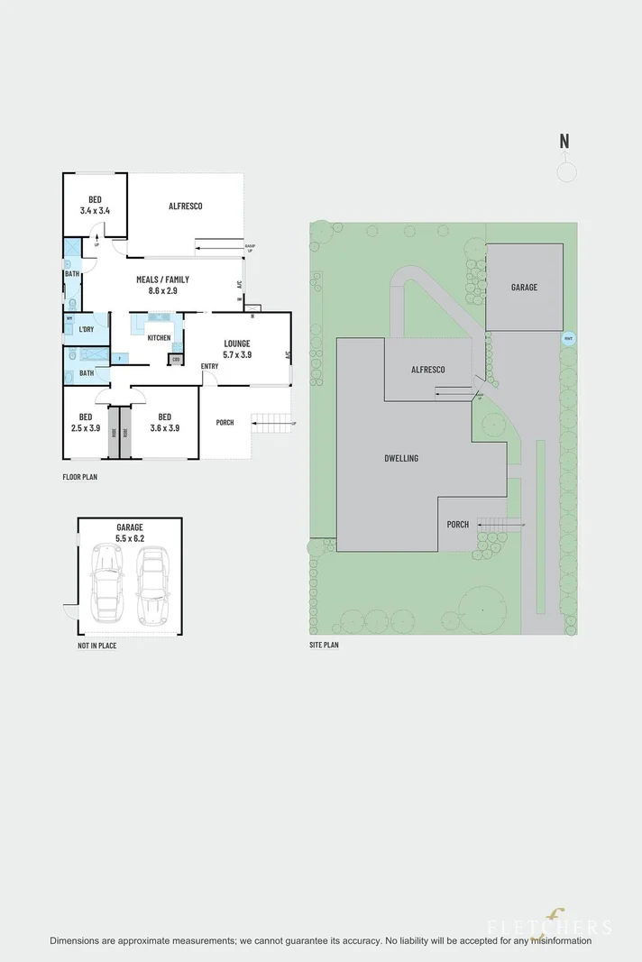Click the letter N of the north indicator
(564, 141)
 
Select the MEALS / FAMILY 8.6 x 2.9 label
(162, 285)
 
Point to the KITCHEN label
(159, 338)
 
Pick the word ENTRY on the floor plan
(209, 366)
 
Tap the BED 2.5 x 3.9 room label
(85, 422)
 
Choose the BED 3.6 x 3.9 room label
(164, 422)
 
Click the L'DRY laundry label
(87, 329)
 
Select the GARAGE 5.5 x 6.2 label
(129, 532)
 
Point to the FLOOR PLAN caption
(79, 477)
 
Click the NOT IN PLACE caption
(96, 646)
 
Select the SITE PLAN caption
(323, 646)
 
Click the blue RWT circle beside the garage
(567, 339)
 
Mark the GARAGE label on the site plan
(524, 288)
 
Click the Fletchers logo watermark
(550, 924)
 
